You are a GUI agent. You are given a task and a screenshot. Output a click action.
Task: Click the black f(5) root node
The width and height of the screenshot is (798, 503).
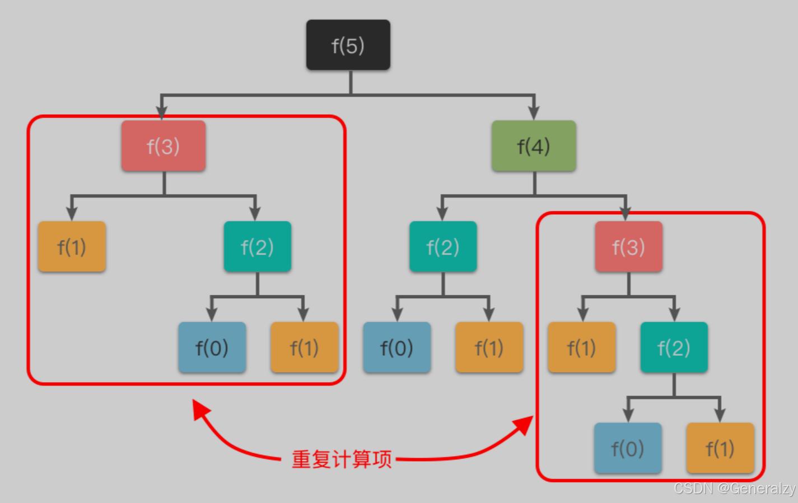(x=348, y=45)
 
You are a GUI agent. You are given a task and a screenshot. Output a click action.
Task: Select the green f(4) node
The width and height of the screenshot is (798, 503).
(x=533, y=146)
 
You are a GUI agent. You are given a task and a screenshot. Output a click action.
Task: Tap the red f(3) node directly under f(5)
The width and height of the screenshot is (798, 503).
(x=163, y=146)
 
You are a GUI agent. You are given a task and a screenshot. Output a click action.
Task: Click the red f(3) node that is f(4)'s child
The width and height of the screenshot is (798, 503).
(x=628, y=247)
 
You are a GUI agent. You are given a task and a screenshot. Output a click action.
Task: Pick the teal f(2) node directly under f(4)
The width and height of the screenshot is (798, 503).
(x=442, y=247)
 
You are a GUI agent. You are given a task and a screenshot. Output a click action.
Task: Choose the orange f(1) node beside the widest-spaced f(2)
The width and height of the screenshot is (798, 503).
(x=72, y=247)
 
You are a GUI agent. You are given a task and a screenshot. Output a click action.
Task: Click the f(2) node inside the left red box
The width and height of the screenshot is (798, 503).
(x=257, y=247)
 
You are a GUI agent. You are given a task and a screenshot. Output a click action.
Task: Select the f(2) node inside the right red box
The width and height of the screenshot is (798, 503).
(x=674, y=347)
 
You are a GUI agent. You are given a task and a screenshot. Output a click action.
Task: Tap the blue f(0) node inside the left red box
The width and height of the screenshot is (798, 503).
(x=212, y=347)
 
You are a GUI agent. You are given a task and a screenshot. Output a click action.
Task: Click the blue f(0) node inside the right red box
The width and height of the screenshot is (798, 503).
(x=627, y=448)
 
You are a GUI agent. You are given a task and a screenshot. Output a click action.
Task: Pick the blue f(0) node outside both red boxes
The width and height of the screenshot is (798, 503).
(x=396, y=347)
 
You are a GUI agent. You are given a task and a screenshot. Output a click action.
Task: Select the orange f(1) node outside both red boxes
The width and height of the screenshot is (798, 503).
(x=489, y=347)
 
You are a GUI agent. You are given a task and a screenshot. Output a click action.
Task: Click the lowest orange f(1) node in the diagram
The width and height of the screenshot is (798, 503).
(x=720, y=448)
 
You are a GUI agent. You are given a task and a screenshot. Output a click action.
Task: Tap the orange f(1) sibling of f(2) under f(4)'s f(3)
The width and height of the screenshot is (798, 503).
(x=581, y=347)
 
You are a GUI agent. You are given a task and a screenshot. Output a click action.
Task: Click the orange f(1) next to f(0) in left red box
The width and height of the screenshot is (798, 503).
(x=304, y=347)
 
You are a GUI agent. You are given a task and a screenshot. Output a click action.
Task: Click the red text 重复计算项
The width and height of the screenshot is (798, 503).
(x=342, y=459)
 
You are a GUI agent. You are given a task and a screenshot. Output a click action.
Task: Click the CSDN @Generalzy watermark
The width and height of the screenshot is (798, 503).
(x=734, y=488)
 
